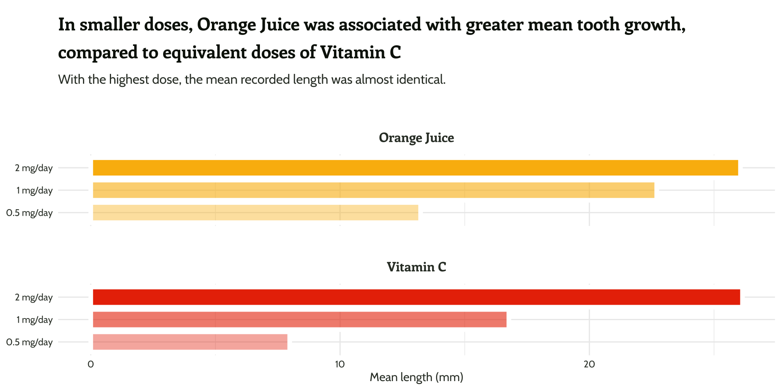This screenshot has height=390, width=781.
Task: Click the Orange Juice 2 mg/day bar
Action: point(415,168)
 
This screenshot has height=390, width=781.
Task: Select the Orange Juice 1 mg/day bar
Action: point(373,190)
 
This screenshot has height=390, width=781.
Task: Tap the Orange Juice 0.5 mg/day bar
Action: point(255,212)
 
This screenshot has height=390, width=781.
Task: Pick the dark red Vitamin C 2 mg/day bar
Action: point(416,297)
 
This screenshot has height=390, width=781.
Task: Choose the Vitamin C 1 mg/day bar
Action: point(299,319)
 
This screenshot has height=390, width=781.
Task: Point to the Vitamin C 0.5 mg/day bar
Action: point(190,342)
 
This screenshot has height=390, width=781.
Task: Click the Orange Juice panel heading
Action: point(416,138)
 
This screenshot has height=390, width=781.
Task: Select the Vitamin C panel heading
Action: point(416,267)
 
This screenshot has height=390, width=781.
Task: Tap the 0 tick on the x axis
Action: point(91,364)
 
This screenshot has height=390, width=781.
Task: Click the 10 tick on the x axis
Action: point(340,364)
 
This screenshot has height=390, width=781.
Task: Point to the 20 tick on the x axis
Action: point(589,364)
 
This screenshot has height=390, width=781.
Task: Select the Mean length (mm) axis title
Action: point(416,377)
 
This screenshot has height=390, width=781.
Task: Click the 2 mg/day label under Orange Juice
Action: point(34,168)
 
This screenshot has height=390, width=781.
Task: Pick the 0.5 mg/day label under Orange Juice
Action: point(29,212)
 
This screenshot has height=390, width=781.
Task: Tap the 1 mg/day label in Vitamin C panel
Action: point(35,320)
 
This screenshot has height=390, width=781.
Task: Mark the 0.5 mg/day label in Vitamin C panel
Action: point(29,342)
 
